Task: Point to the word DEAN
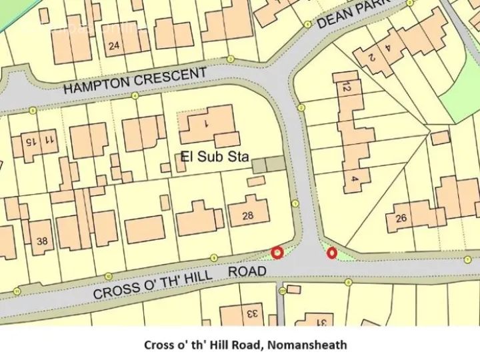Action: click(334, 18)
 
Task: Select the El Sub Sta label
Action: click(215, 157)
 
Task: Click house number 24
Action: click(114, 45)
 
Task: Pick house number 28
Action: click(248, 215)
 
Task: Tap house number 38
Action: click(42, 241)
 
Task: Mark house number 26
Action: click(401, 218)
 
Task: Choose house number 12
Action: click(345, 87)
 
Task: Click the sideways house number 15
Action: click(30, 141)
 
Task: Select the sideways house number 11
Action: click(49, 139)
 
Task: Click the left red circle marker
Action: click(277, 253)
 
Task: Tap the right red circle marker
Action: click(331, 253)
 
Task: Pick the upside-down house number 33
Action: click(252, 313)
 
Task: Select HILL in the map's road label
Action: click(197, 275)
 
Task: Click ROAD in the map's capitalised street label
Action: click(247, 271)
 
